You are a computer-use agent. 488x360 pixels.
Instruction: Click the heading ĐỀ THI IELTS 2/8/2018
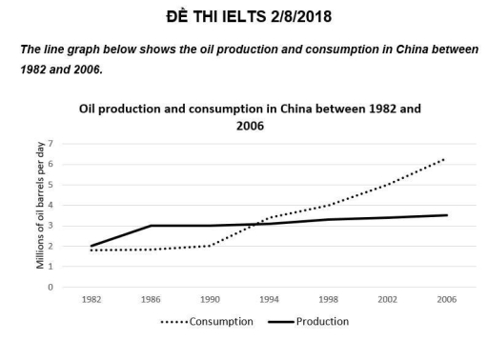tap(244, 16)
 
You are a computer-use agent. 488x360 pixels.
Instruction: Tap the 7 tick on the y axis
tap(64, 144)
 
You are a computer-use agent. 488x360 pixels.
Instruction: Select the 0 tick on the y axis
tap(64, 287)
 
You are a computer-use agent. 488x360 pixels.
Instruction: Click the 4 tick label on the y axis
tap(64, 205)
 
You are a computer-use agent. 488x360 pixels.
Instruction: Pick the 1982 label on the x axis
tap(91, 299)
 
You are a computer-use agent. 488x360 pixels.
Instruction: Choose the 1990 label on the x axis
tap(210, 299)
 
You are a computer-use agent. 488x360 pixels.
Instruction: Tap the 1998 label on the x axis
tap(329, 299)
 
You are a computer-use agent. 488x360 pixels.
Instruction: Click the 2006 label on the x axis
tap(447, 299)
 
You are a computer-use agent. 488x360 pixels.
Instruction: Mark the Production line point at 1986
tap(151, 226)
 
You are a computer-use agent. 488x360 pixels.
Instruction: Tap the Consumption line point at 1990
tap(210, 246)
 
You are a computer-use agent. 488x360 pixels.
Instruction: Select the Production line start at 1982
tap(91, 246)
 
